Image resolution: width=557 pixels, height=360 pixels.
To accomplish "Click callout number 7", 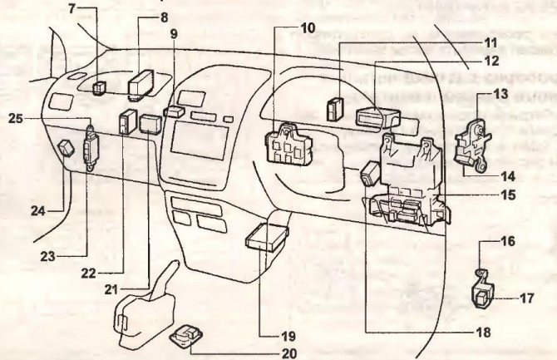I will [71, 8].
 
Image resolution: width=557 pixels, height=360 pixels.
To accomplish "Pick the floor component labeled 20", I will [187, 337].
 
